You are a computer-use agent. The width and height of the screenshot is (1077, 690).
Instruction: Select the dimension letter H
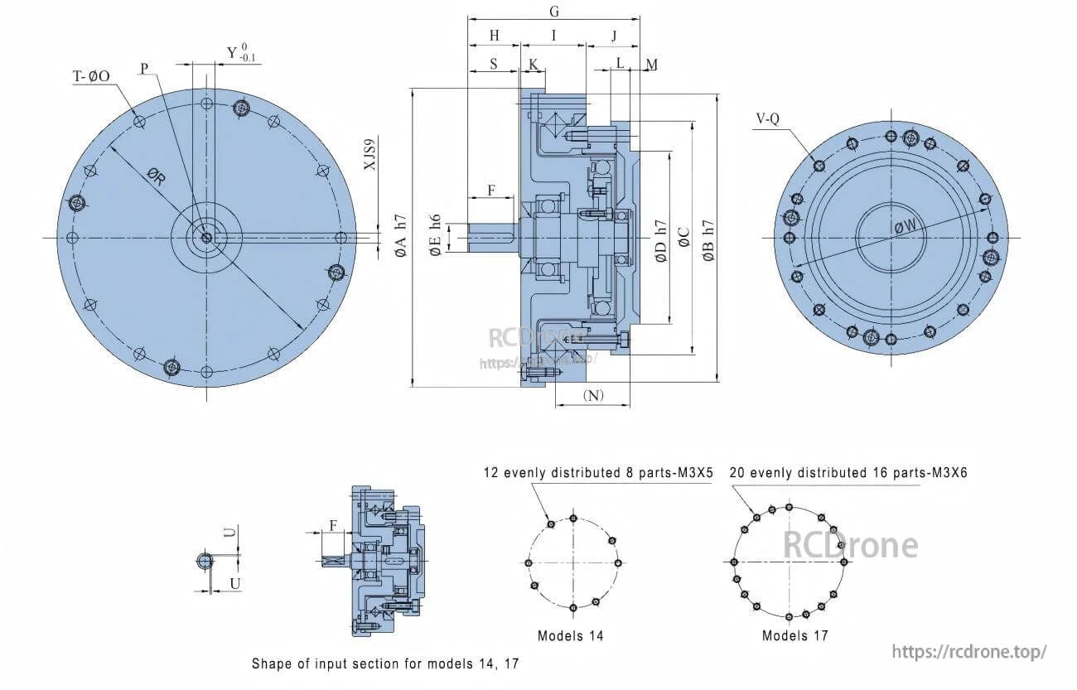[x=495, y=36]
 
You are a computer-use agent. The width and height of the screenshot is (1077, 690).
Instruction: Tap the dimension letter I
[x=553, y=36]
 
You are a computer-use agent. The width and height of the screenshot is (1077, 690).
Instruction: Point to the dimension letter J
[x=614, y=36]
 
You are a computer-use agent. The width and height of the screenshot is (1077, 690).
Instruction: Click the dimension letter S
[x=493, y=63]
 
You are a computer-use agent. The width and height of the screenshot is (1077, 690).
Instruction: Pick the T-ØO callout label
[x=91, y=76]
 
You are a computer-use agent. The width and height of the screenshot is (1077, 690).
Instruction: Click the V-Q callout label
[x=767, y=118]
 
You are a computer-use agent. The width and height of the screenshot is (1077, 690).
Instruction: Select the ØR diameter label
[x=155, y=176]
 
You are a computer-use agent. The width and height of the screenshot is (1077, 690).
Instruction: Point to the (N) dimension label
[x=593, y=395]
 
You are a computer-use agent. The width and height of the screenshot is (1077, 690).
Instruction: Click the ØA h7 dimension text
[x=402, y=237]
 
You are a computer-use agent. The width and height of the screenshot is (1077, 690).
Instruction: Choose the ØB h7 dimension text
[x=708, y=240]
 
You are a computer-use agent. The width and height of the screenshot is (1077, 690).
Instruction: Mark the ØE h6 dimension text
[x=437, y=237]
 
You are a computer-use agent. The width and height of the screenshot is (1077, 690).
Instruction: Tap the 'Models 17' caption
[x=794, y=636]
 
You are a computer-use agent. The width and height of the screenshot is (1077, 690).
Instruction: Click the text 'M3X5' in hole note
[x=696, y=473]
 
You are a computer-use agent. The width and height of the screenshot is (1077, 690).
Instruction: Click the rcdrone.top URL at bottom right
[x=969, y=652]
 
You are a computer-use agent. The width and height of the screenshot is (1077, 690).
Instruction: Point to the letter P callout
[x=145, y=68]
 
